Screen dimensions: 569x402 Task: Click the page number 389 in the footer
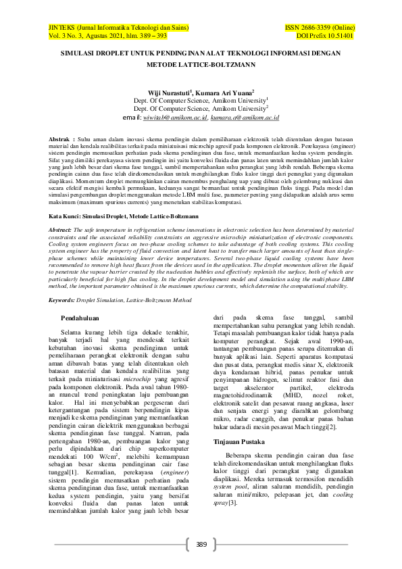(x=201, y=544)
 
